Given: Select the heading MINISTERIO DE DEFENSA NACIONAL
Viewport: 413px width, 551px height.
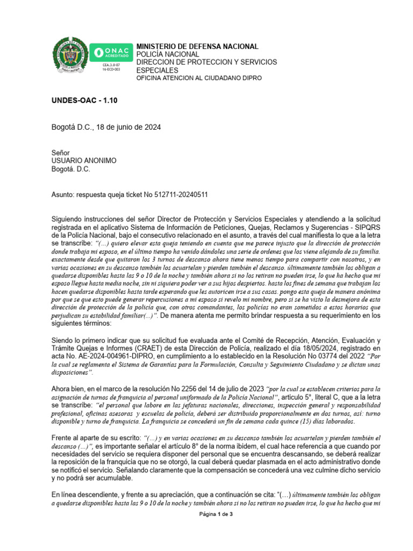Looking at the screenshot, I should click(x=197, y=47).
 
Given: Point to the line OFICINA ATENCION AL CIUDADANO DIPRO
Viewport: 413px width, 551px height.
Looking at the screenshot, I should click(x=199, y=78).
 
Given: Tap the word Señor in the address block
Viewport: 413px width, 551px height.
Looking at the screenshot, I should click(x=61, y=153).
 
